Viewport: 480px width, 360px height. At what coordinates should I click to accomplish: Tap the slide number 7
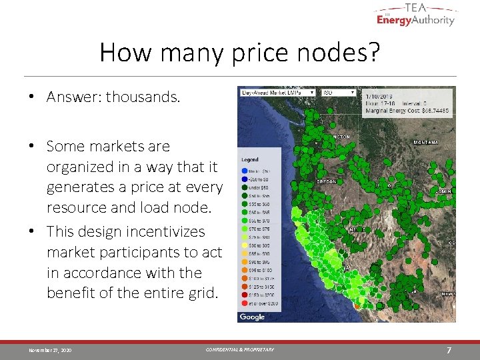coord(449,350)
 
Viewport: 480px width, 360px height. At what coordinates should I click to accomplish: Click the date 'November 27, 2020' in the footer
coord(51,350)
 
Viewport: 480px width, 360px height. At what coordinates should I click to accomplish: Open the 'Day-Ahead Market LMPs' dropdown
coord(277,93)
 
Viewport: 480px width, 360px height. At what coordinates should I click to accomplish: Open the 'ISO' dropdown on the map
coord(338,93)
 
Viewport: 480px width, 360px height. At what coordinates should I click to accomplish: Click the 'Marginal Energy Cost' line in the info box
coord(406,110)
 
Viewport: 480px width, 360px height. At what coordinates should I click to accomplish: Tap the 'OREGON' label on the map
coord(326,181)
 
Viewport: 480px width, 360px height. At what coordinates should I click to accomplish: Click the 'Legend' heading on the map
coord(250,159)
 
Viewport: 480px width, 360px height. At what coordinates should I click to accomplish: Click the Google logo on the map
coord(252,317)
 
